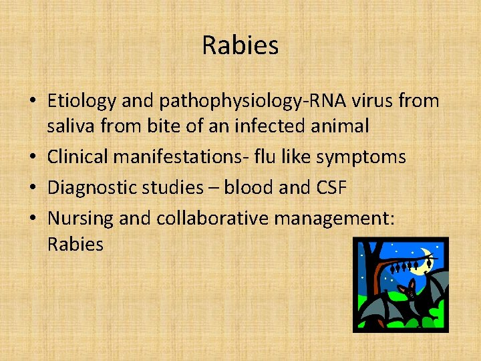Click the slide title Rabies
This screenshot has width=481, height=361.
click(240, 45)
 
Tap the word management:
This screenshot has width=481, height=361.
click(341, 218)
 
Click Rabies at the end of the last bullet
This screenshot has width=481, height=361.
click(75, 244)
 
